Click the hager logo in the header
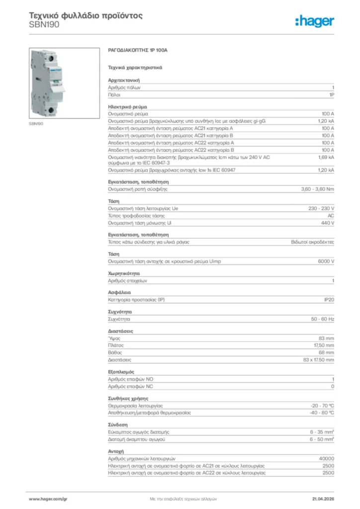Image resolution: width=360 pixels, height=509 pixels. pyautogui.click(x=314, y=21)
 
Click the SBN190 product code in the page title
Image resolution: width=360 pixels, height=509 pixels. pyautogui.click(x=44, y=24)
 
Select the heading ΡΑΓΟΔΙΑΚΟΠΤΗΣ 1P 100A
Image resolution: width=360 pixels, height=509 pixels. pyautogui.click(x=138, y=51)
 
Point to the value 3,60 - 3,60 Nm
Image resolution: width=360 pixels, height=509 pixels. pyautogui.click(x=318, y=189)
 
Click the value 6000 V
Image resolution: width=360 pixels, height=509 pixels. pyautogui.click(x=326, y=261)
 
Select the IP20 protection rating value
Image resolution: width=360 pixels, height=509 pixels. pyautogui.click(x=329, y=300)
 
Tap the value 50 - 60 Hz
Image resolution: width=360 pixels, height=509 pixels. pyautogui.click(x=322, y=319)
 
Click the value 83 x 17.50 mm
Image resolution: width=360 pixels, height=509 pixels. pyautogui.click(x=318, y=359)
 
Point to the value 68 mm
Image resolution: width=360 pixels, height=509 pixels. pyautogui.click(x=326, y=352)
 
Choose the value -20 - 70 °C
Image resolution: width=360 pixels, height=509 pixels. pyautogui.click(x=322, y=406)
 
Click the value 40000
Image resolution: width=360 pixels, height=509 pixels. pyautogui.click(x=326, y=458)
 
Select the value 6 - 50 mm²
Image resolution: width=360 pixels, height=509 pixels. pyautogui.click(x=322, y=439)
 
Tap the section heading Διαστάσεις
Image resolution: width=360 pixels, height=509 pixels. pyautogui.click(x=120, y=331)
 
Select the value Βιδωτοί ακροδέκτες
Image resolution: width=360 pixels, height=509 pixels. pyautogui.click(x=312, y=242)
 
